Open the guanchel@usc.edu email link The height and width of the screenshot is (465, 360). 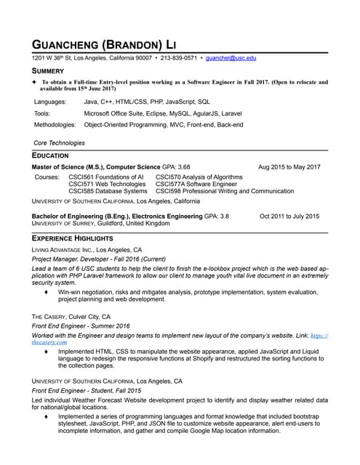(231, 57)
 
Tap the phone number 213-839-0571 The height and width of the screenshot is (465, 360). (178, 57)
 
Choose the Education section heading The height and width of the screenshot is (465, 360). (50, 155)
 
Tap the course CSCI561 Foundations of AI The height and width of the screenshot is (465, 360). (105, 177)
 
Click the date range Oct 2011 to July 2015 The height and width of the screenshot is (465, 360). (289, 217)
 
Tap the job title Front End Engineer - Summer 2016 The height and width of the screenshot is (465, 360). (79, 326)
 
